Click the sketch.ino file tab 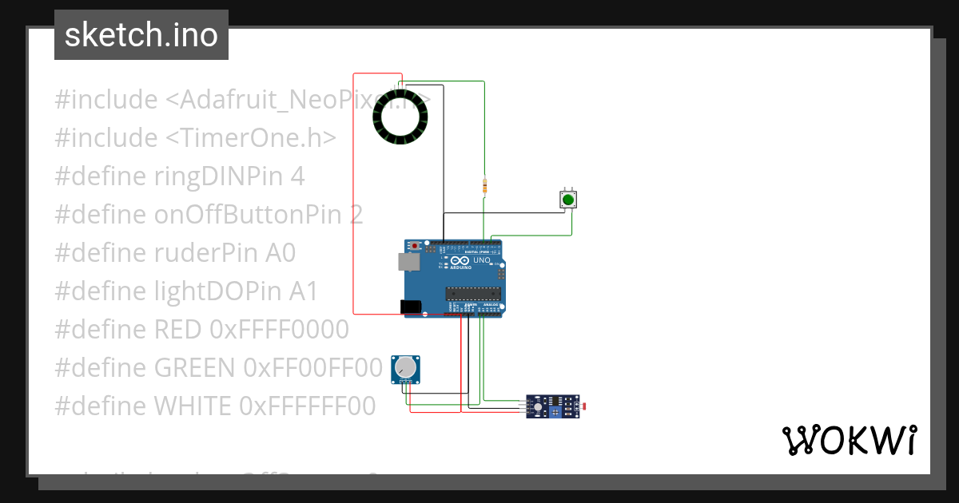[141, 35]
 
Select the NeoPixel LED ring [400, 117]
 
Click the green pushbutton [567, 199]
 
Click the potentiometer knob [406, 367]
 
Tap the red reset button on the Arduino [415, 246]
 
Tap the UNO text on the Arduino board [481, 260]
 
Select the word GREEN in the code [194, 368]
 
